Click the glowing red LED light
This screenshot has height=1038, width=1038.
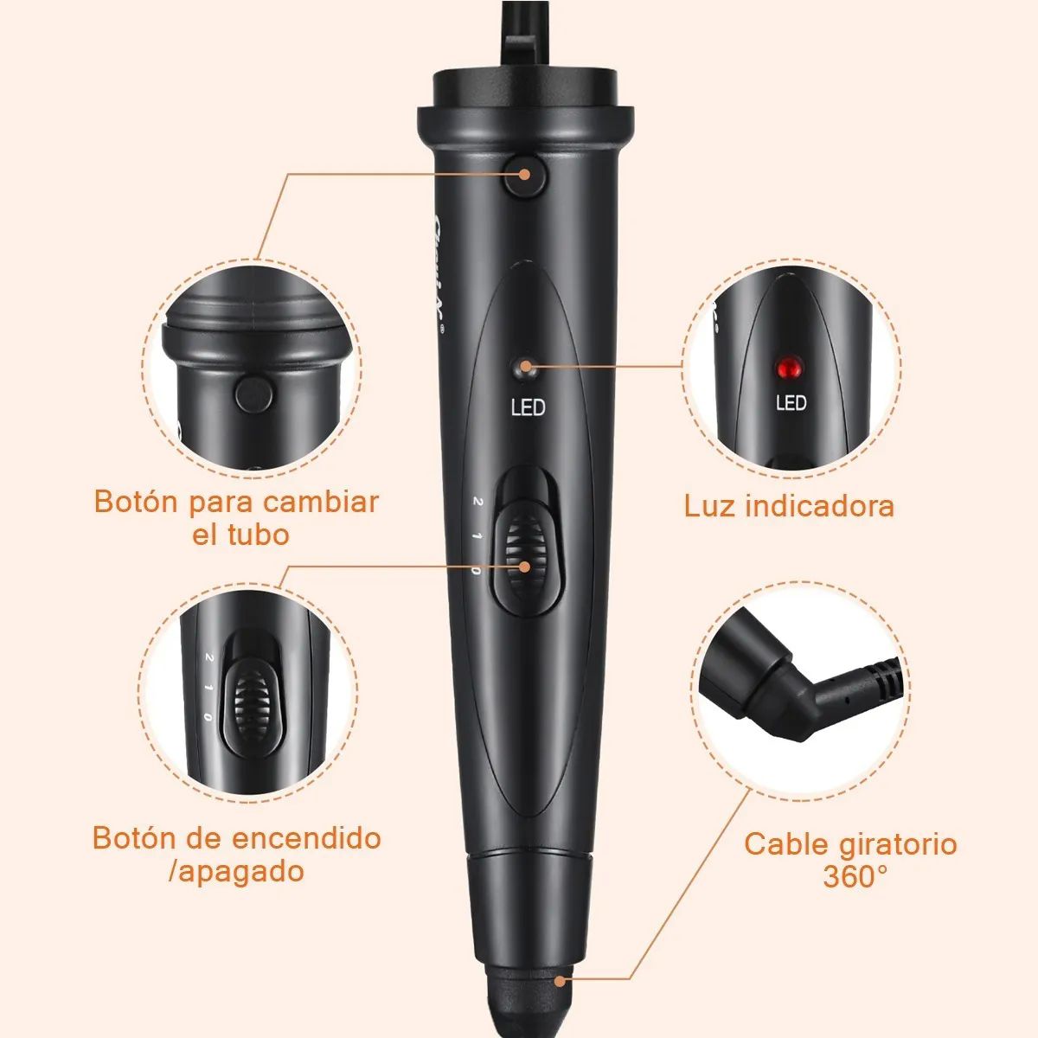788,368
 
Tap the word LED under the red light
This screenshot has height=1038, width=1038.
791,403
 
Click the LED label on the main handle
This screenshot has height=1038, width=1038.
529,407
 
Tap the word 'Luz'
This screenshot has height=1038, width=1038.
710,505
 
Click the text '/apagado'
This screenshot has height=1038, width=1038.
237,870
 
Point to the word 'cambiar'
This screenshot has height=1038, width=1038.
321,502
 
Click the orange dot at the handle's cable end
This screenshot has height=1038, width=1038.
562,981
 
